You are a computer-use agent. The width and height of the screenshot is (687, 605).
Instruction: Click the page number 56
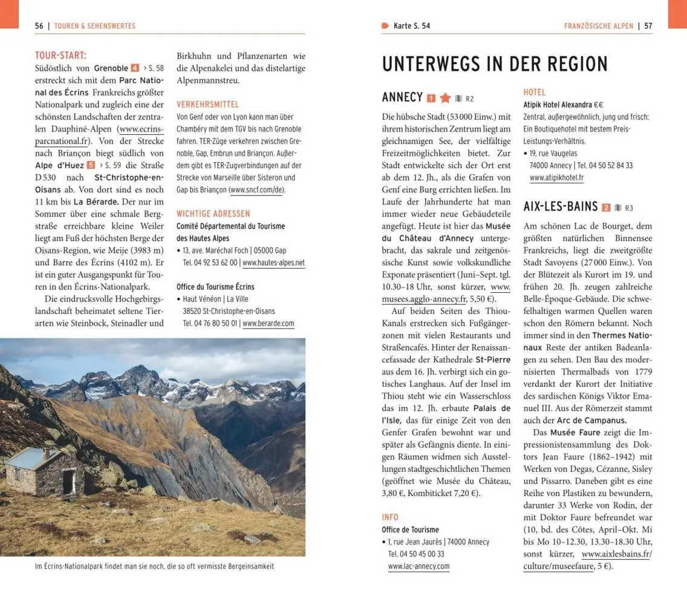pos(39,26)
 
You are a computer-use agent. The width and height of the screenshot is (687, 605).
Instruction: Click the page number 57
pos(648,26)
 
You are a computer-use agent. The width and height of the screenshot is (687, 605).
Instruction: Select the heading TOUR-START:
pos(60,56)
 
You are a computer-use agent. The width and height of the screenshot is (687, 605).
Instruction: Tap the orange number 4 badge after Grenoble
pos(135,68)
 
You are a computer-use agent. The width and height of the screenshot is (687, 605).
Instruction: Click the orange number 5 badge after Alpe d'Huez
pos(91,165)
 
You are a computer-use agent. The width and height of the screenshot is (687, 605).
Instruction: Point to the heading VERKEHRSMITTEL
pos(207,104)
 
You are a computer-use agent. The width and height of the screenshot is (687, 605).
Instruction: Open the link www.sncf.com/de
pos(256,190)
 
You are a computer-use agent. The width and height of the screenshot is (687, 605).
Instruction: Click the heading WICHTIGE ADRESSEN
pos(213,214)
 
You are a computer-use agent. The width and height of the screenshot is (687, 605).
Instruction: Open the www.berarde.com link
pos(268,323)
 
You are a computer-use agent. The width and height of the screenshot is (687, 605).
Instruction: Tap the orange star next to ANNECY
pos(445,98)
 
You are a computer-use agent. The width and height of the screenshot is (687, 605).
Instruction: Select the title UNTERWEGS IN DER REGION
pos(495,64)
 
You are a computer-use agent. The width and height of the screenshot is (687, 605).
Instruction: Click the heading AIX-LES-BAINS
pos(560,207)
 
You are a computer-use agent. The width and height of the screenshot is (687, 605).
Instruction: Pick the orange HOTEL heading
pos(534,92)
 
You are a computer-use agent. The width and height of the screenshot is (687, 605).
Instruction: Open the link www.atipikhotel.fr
pos(556,178)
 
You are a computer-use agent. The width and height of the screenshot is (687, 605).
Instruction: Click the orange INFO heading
pos(390,517)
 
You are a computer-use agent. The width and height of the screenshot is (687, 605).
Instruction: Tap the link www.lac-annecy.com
pos(418,566)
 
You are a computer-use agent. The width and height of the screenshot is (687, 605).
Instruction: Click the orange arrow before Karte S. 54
pos(385,25)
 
